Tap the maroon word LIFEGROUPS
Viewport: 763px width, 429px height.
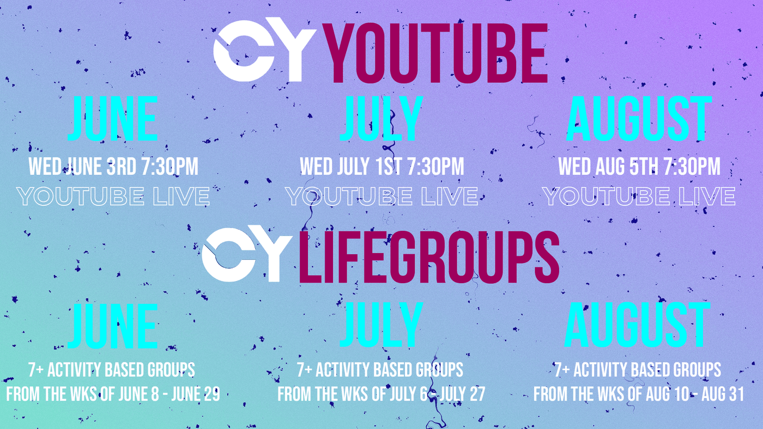pos(429,257)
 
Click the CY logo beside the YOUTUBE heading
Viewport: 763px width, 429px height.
pos(264,50)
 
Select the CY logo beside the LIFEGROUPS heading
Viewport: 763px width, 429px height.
pos(246,254)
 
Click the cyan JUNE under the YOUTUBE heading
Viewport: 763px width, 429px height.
pos(113,118)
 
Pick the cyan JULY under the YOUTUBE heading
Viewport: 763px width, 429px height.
pos(381,118)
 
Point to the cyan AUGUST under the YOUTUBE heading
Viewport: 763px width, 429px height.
pos(639,118)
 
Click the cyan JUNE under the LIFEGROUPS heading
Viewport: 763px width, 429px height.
pos(113,326)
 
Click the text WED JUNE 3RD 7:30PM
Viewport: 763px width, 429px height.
pos(113,167)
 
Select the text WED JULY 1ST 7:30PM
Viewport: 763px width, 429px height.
pos(382,167)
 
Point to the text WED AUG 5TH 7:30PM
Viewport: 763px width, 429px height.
pos(639,167)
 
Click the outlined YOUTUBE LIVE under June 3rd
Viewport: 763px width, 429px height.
pos(113,197)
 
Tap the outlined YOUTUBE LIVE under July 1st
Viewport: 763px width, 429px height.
pos(381,197)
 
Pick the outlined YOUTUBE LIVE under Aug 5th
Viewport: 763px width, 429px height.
pos(639,197)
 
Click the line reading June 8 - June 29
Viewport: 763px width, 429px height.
pos(113,394)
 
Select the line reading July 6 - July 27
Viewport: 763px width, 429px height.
pos(381,394)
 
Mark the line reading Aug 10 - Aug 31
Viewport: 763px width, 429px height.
pos(639,394)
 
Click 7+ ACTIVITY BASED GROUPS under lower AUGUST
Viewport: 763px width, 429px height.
pos(638,370)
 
